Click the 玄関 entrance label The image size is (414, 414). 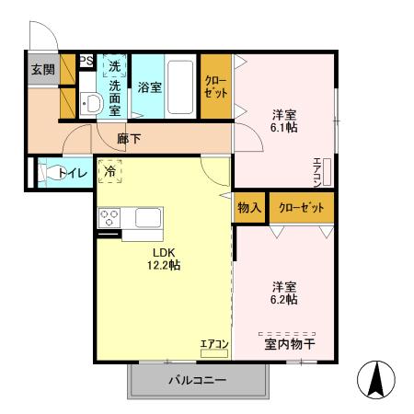[41, 71]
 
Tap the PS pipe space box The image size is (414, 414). [86, 62]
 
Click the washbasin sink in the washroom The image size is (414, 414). [91, 104]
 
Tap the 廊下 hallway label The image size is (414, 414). [130, 139]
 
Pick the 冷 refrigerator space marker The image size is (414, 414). [110, 170]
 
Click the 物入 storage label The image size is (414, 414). [250, 207]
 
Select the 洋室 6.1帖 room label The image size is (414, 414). [283, 122]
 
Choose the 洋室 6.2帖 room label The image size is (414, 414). [283, 292]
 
